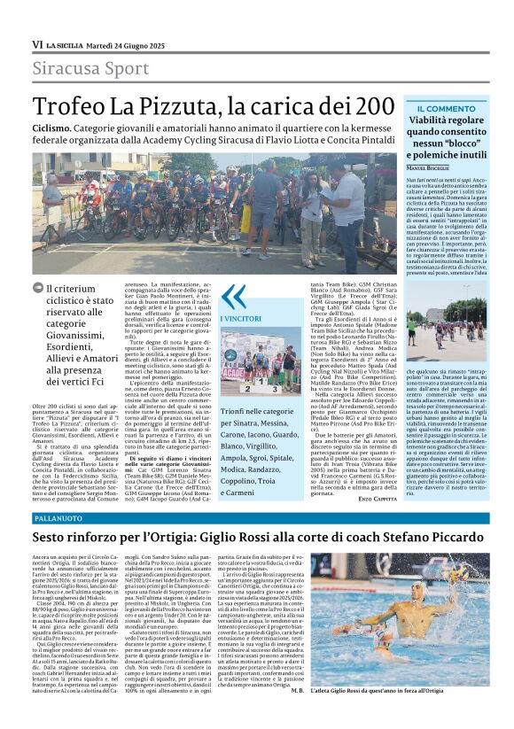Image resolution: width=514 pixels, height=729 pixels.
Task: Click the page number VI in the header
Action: [x=37, y=44]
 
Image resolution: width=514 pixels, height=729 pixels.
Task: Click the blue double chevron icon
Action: [x=233, y=296]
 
